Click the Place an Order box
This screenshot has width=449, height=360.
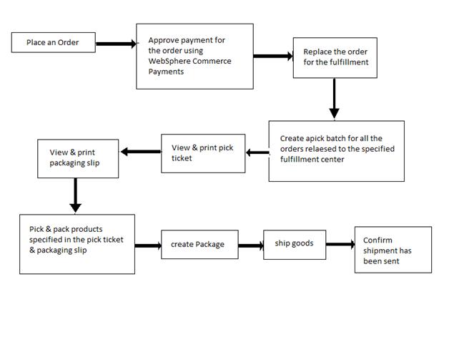coord(54,42)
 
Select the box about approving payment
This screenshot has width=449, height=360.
coord(194,56)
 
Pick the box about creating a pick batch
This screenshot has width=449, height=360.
coord(336,150)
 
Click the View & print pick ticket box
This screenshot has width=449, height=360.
coord(202,152)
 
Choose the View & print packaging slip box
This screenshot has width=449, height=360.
coord(78,158)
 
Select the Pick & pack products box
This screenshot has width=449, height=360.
coord(77,243)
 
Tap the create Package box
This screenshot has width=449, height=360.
coord(199,245)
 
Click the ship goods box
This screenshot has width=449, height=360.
coord(293,243)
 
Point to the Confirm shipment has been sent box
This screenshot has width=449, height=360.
coord(393,250)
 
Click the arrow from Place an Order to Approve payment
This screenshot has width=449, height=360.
coord(117,44)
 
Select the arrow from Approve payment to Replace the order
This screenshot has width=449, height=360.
coord(273,57)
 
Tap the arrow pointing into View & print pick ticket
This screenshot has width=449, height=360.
coord(257,152)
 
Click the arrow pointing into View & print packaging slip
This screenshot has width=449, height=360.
coord(140,151)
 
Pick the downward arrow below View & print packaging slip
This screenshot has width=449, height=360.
coord(75,195)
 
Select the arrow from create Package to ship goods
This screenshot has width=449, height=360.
coord(250,245)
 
